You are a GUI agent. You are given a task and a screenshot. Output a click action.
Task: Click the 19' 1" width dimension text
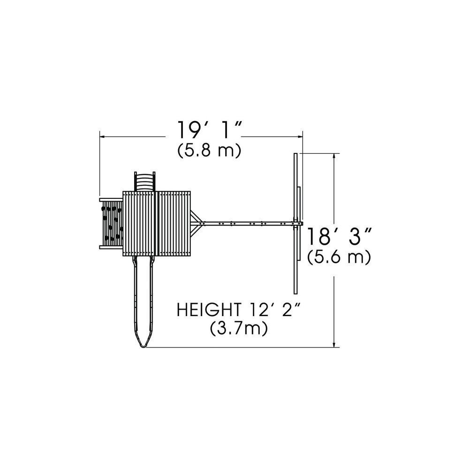(209, 130)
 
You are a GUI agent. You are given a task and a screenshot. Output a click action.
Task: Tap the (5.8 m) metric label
(209, 151)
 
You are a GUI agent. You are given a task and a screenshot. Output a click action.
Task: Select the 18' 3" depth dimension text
(340, 236)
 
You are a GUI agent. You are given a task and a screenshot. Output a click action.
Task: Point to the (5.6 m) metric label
(339, 257)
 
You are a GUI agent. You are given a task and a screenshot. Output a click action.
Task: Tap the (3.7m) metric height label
(238, 329)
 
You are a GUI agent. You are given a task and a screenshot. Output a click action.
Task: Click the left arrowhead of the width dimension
(102, 136)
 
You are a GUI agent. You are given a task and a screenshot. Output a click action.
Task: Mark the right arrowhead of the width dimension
(300, 136)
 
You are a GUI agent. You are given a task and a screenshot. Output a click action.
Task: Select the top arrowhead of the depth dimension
(334, 156)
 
